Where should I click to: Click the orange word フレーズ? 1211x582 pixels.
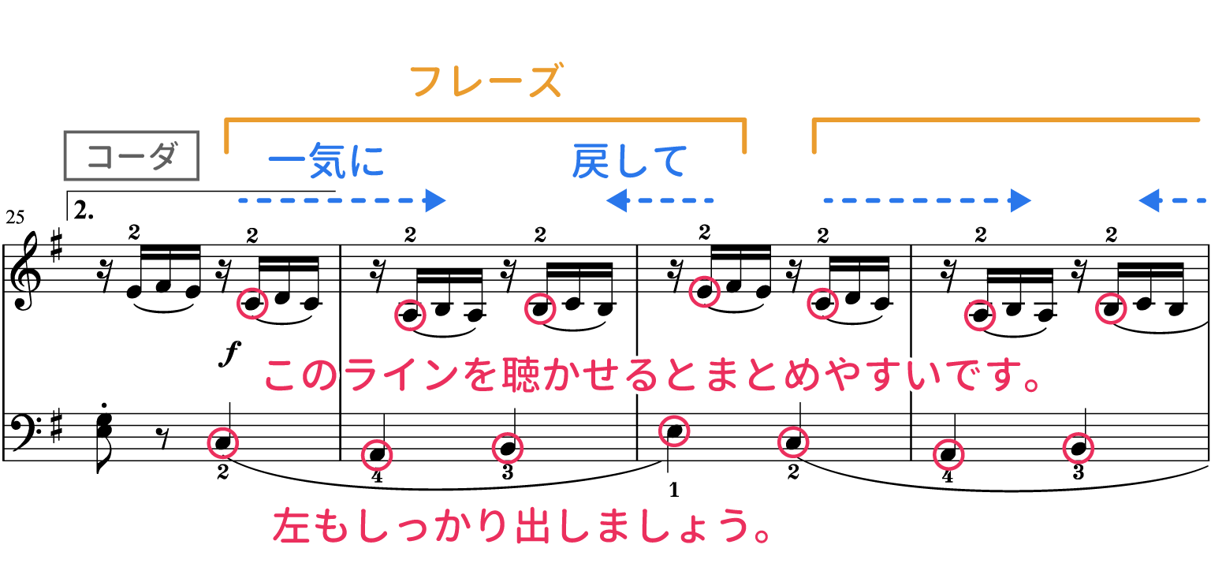point(486,82)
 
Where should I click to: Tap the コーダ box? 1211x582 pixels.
point(131,156)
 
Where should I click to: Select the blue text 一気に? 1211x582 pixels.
point(326,162)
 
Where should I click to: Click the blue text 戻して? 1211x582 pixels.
point(629,162)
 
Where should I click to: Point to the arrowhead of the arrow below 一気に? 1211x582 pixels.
point(436,201)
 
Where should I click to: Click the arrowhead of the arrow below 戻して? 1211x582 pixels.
point(616,201)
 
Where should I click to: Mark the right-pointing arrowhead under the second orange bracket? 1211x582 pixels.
point(1022,201)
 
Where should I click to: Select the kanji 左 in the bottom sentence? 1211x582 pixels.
point(293,527)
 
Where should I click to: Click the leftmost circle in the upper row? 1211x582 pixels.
point(252,304)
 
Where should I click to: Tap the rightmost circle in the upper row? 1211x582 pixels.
point(1110,308)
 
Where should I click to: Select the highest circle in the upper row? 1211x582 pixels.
point(704,292)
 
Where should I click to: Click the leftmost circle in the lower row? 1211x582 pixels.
point(223,443)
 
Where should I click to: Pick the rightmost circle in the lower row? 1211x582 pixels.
point(1078,448)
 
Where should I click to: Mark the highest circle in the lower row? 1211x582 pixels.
point(674,431)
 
